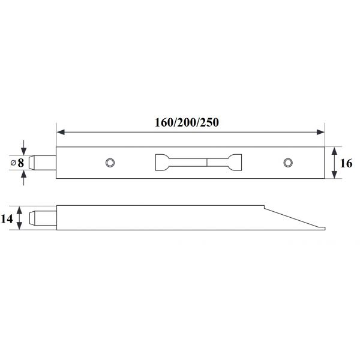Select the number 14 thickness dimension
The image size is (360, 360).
[x=7, y=218]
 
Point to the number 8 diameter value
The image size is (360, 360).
[x=21, y=163]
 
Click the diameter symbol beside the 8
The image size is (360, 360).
[x=13, y=163]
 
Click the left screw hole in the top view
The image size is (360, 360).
[x=109, y=163]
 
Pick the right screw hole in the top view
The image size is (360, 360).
[x=288, y=163]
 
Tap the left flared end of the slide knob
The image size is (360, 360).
[x=162, y=163]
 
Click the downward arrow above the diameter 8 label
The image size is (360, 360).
[x=24, y=150]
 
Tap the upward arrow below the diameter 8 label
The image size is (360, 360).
[x=24, y=175]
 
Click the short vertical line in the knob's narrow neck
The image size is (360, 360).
[x=207, y=163]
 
